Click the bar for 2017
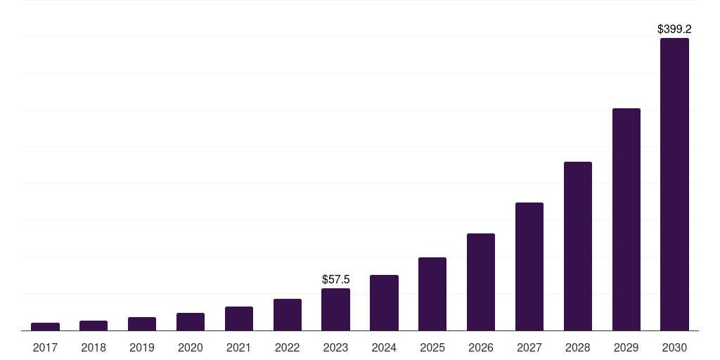click(45, 326)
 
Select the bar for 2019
click(142, 323)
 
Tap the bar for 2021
click(239, 319)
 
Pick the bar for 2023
click(335, 309)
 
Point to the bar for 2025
click(432, 294)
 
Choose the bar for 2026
click(481, 282)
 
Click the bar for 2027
click(529, 266)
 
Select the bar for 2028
click(578, 246)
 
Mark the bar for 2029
click(626, 219)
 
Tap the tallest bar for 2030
click(674, 184)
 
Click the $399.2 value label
click(674, 30)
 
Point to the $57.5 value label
click(335, 280)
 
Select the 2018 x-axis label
click(94, 347)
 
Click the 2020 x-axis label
click(191, 347)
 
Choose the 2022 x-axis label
click(288, 347)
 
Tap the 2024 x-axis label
click(384, 347)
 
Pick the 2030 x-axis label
click(674, 347)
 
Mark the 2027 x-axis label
click(529, 347)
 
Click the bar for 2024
click(384, 302)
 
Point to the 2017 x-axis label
click(45, 347)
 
